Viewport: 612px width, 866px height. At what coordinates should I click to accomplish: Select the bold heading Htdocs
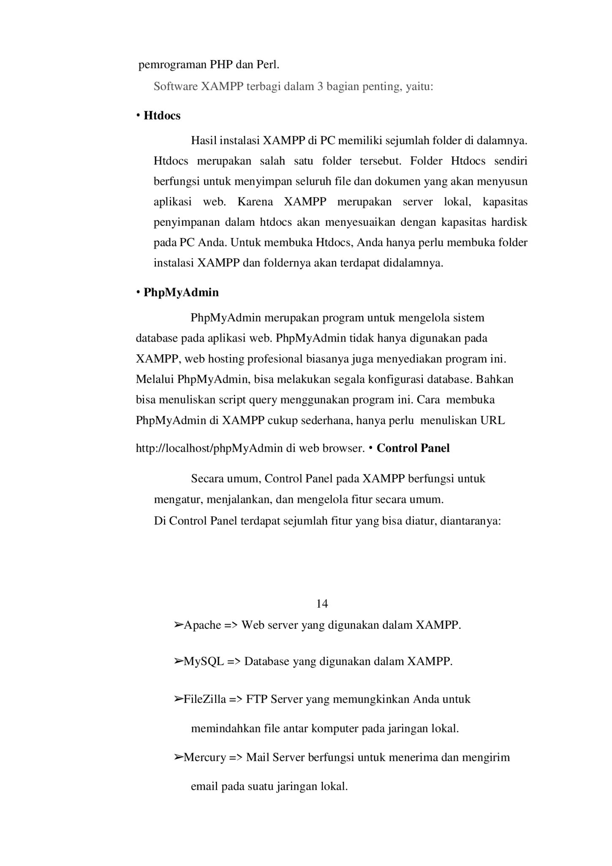tap(162, 116)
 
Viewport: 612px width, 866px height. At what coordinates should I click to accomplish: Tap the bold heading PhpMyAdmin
tap(181, 293)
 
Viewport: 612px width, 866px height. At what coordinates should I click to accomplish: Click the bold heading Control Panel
tap(413, 448)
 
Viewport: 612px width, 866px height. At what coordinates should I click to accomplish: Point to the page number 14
tap(322, 603)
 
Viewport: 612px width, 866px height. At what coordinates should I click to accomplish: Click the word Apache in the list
tap(202, 625)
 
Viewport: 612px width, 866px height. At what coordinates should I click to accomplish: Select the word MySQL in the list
tap(204, 661)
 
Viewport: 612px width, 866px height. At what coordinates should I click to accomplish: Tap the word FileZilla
tap(205, 699)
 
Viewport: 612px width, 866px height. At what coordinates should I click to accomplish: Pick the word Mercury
tap(204, 757)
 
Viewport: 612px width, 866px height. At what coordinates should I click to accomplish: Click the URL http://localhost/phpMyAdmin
tap(209, 448)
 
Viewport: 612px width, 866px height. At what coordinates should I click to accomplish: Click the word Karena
tap(255, 202)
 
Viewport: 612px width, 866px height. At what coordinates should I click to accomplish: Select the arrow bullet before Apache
tap(178, 625)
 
